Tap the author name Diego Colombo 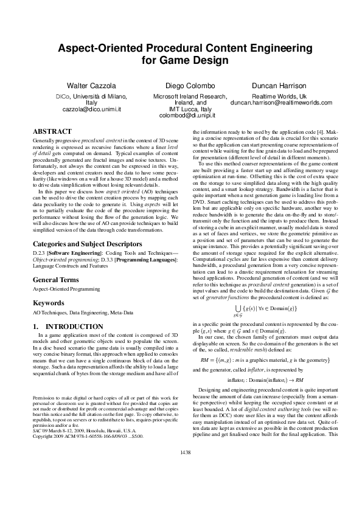click(181, 85)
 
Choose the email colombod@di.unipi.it click(181, 116)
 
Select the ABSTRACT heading click(50, 131)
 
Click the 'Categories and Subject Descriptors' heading click(80, 244)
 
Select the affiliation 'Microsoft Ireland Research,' click(181, 96)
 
